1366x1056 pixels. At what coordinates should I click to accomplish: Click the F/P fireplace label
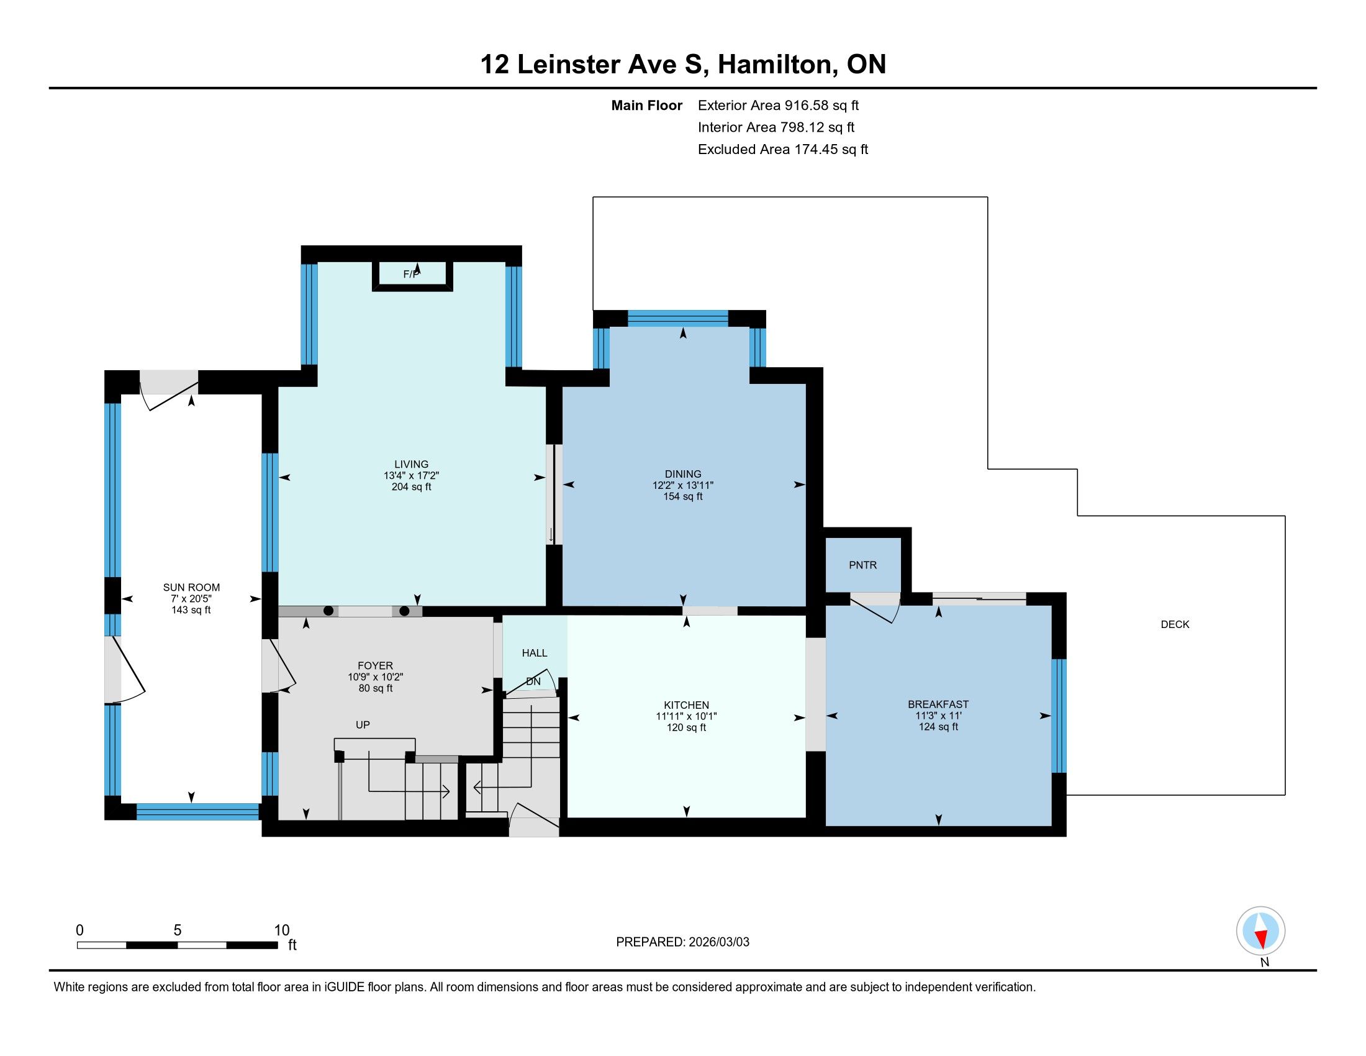[411, 274]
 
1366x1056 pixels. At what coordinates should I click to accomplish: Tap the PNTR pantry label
[862, 565]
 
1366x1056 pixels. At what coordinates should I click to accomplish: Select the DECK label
[1175, 624]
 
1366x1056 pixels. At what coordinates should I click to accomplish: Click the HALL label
[534, 653]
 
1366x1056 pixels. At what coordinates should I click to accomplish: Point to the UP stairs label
[363, 724]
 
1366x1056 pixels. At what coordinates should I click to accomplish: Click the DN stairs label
[533, 681]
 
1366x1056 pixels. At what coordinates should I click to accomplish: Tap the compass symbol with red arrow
[1260, 931]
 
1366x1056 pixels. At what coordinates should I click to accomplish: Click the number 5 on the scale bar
[178, 931]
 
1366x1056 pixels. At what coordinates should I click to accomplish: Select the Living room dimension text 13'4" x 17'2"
[411, 475]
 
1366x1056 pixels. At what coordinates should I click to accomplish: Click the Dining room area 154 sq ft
[683, 497]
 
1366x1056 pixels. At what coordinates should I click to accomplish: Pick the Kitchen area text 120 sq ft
[686, 727]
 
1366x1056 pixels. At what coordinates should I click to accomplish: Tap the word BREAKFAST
[938, 704]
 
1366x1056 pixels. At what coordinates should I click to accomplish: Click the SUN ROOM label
[191, 588]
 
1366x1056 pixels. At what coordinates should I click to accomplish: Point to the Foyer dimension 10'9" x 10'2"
[375, 677]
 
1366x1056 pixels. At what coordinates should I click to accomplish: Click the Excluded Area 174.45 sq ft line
[783, 150]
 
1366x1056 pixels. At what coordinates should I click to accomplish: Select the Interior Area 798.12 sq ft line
[776, 127]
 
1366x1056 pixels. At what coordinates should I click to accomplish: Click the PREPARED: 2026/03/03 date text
[682, 942]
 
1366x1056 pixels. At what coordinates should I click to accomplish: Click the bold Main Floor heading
[647, 106]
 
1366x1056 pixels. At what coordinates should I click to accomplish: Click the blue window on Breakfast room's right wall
[1058, 716]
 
